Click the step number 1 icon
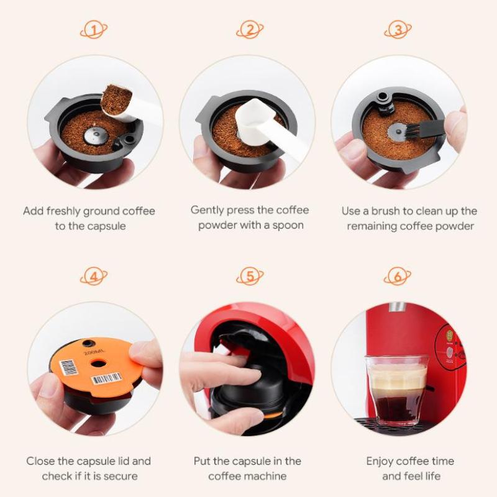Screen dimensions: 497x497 click(x=94, y=30)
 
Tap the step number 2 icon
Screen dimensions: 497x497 click(x=250, y=30)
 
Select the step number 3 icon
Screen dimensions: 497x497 click(x=398, y=30)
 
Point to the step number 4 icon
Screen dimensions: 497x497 click(x=94, y=276)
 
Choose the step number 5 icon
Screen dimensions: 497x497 click(x=250, y=276)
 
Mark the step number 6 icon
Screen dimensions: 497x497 click(x=398, y=276)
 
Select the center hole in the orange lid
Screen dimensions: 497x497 click(x=98, y=363)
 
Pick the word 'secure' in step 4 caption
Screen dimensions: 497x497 click(x=121, y=476)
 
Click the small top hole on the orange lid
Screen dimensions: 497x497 click(x=88, y=344)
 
